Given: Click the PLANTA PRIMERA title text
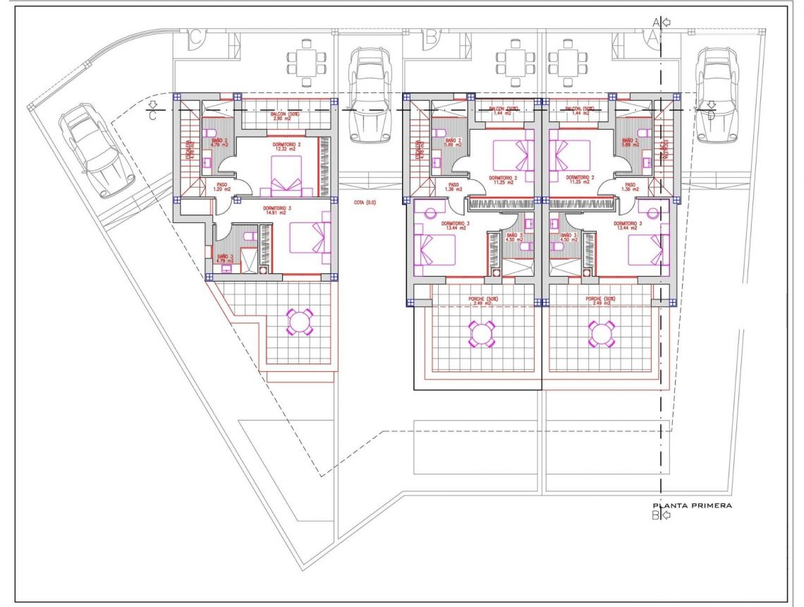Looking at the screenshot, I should click(692, 505).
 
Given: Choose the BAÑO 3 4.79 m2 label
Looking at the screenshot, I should click(225, 259).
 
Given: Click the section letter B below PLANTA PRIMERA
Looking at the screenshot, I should click(655, 516).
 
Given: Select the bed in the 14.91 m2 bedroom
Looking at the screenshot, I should click(312, 238).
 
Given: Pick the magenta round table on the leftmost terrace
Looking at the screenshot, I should click(300, 321).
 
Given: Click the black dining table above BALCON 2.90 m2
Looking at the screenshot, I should click(306, 63).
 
